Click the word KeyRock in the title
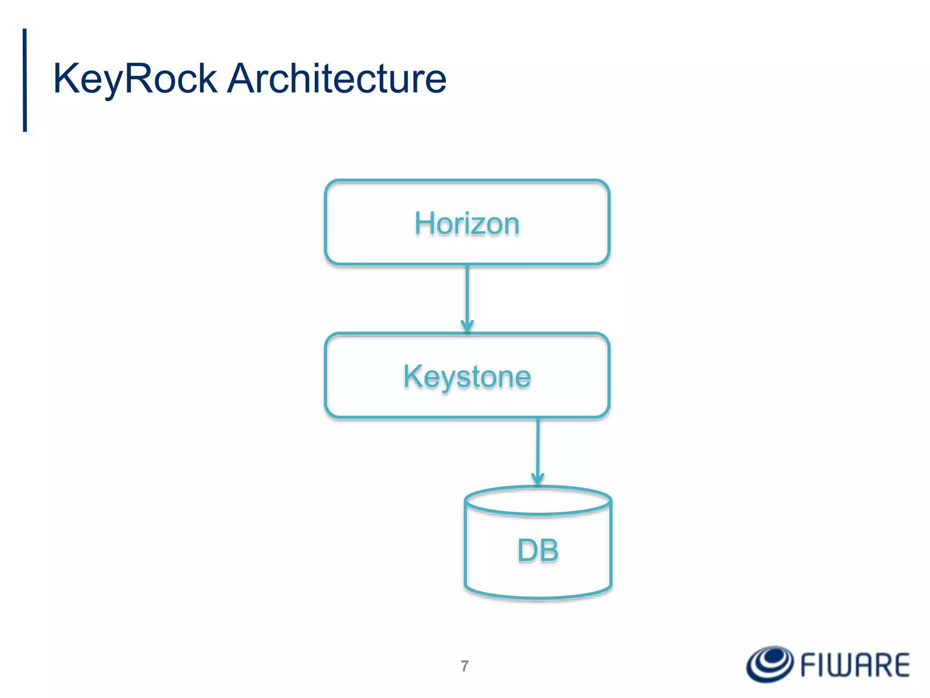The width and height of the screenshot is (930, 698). coord(135,79)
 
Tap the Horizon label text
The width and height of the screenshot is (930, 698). coord(467,224)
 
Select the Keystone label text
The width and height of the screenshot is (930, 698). coord(467,377)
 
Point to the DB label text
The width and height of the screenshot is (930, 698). coord(538,550)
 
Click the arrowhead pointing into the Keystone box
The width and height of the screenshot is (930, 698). coord(467,326)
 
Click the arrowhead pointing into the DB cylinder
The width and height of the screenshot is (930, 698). coord(538,479)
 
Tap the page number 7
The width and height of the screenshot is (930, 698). coord(465,666)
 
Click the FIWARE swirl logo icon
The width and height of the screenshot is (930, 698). coord(770,664)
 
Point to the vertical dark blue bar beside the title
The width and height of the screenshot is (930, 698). coord(25,80)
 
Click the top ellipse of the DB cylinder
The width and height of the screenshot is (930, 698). coord(538,500)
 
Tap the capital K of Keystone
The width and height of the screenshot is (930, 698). coord(413,376)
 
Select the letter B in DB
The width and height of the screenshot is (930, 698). coord(549,550)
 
